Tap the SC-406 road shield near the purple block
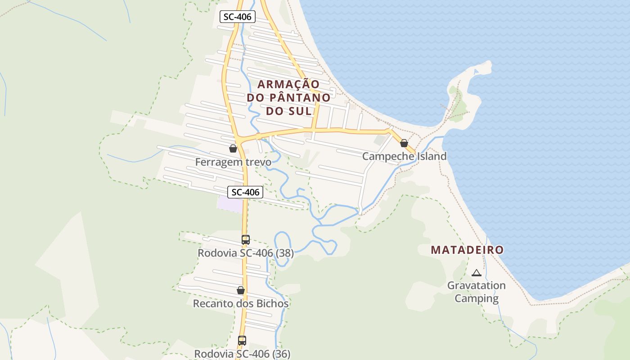245,192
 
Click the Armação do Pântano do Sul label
288,97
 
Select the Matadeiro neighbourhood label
467,250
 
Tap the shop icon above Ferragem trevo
233,148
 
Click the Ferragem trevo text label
233,162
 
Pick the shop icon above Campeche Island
404,143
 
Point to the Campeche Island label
404,156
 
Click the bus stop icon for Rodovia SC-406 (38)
245,240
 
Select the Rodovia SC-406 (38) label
246,253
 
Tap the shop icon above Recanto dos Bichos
241,290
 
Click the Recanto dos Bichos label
241,304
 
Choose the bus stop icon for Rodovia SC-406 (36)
242,341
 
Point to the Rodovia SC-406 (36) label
242,354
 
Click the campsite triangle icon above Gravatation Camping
476,272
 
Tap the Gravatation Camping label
476,292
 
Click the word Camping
476,298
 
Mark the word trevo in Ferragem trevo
257,162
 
